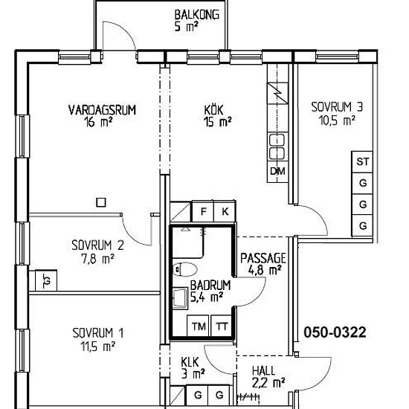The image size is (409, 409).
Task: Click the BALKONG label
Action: [196, 15]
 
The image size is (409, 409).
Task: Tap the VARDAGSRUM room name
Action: [102, 110]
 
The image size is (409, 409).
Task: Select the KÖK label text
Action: [213, 109]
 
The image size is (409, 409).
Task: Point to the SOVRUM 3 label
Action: [337, 107]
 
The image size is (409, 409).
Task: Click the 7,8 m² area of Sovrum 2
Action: [98, 259]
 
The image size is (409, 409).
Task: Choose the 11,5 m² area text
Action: [98, 347]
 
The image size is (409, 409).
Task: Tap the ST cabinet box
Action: [362, 161]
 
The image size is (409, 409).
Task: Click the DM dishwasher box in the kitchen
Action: [277, 171]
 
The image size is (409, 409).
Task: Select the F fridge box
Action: [203, 211]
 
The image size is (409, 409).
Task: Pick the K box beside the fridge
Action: [225, 211]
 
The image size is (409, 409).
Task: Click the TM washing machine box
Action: [198, 326]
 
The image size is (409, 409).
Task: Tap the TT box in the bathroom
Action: [221, 326]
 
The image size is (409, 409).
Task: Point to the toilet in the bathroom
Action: [184, 269]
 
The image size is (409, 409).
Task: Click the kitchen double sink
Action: [277, 146]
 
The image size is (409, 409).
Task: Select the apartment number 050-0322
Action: [335, 332]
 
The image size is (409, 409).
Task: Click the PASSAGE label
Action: [263, 258]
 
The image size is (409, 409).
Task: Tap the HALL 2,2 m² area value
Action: [268, 383]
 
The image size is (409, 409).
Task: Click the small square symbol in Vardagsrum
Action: [101, 202]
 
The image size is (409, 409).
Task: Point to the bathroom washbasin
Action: [180, 298]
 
